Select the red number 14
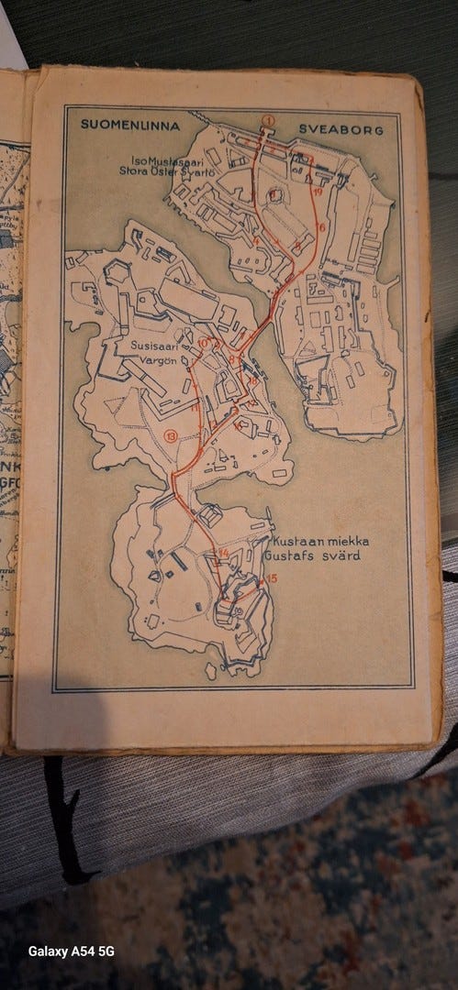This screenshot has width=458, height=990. pos(224,553)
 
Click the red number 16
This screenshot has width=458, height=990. pos(322,225)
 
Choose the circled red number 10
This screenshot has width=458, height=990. pos(204,343)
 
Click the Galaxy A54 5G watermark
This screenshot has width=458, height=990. pos(72,951)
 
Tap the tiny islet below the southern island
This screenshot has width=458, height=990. pos(210,673)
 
